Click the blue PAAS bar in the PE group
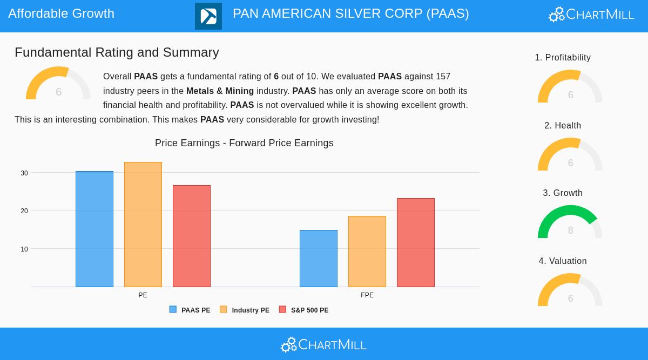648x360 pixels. (94, 229)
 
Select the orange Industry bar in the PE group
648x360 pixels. (143, 225)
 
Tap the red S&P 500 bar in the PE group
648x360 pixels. (192, 236)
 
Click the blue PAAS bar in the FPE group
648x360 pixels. (319, 259)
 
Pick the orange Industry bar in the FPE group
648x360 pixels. (367, 252)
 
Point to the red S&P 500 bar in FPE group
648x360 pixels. (416, 243)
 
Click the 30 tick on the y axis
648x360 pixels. (24, 173)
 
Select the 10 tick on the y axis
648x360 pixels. (24, 249)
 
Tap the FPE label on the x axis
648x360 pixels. (367, 295)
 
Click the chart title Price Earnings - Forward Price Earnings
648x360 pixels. (244, 143)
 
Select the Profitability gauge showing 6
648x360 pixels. (570, 87)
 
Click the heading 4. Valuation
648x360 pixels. (563, 261)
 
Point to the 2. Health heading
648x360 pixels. (563, 126)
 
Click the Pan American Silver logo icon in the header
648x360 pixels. (208, 16)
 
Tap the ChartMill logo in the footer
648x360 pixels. (323, 344)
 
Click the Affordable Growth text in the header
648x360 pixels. (62, 13)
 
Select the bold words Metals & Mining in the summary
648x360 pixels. (220, 91)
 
